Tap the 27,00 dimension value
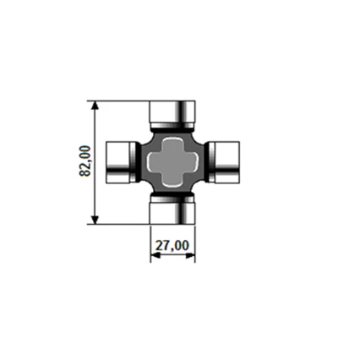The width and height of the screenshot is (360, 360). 172,246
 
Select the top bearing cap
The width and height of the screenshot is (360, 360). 172,111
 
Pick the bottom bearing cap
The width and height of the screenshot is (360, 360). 172,210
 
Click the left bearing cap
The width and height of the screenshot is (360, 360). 117,161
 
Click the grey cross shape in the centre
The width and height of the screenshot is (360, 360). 172,161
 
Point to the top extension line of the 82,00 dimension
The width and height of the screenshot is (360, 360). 118,100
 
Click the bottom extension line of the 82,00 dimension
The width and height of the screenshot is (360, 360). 118,224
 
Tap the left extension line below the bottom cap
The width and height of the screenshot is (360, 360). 150,241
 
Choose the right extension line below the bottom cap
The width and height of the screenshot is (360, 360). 195,241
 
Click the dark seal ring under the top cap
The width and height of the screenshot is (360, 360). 172,127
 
